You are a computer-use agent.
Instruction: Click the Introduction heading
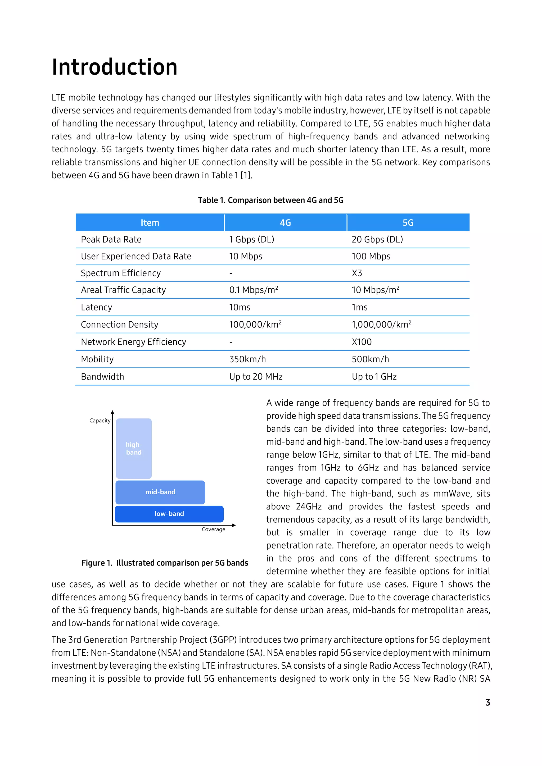tap(115, 67)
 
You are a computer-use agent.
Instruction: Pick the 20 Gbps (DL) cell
tap(377, 240)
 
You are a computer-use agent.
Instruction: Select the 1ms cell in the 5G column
tap(359, 307)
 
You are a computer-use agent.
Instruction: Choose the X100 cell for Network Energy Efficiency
tap(362, 342)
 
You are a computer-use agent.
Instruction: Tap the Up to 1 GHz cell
tap(374, 377)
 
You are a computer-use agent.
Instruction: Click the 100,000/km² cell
tap(255, 325)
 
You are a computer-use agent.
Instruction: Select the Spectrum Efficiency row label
tap(121, 273)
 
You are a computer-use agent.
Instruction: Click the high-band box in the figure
tap(134, 448)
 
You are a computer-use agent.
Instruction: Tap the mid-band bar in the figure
tap(160, 492)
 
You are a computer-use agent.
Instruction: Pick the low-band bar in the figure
tap(169, 514)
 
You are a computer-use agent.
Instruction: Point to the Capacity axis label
tap(100, 421)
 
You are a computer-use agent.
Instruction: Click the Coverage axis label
tap(213, 530)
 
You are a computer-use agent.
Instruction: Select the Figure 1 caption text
tap(165, 563)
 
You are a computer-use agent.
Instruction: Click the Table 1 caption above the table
tap(271, 200)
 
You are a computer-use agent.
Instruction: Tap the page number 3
tap(487, 703)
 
